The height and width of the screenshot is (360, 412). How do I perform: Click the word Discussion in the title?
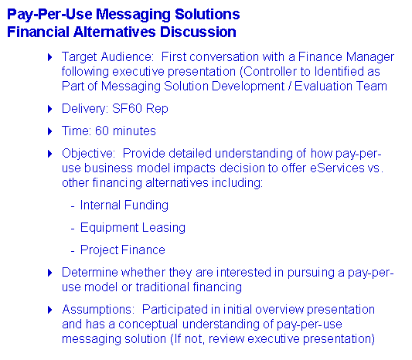(x=198, y=32)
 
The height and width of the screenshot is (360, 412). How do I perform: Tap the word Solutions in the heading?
(x=207, y=14)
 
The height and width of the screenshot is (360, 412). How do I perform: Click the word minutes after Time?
(x=134, y=131)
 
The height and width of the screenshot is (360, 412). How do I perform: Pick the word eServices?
(x=337, y=168)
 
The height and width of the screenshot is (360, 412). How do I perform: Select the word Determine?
(x=90, y=272)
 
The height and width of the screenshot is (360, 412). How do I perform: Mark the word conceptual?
(x=148, y=324)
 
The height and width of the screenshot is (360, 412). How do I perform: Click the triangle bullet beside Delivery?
(x=50, y=109)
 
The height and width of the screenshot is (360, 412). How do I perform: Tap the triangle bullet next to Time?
(x=50, y=131)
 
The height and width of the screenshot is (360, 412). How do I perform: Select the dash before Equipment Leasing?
(x=73, y=229)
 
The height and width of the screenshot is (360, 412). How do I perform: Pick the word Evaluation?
(x=323, y=86)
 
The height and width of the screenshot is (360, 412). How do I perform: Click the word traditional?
(x=162, y=287)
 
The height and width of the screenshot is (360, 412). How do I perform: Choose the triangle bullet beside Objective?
(x=50, y=154)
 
